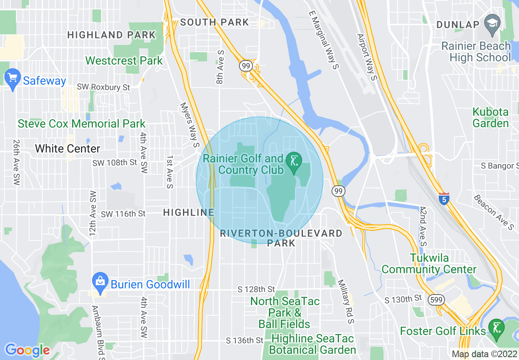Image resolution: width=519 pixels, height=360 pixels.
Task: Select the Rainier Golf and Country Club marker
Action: pos(293,162)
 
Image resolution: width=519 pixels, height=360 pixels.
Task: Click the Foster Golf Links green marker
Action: pos(496,329)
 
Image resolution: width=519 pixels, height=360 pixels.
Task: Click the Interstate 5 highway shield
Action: pos(444,198)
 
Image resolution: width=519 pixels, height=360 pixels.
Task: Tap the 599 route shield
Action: pos(434,300)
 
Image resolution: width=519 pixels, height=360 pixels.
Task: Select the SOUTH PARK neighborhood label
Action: pos(214,22)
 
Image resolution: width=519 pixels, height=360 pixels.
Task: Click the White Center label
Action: pos(68,148)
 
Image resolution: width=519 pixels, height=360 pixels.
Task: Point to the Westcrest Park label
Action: pos(124,61)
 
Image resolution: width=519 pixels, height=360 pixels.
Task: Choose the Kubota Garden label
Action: pos(490,117)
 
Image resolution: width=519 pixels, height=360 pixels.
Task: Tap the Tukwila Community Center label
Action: pos(429,264)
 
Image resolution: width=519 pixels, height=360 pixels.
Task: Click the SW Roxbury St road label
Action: pos(104,87)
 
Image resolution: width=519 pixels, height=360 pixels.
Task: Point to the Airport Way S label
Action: pos(366,57)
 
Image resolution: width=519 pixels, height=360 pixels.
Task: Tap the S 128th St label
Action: pos(256,290)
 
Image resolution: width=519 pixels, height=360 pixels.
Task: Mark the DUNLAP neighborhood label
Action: pos(458,25)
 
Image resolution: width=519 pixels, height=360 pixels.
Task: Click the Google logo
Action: pos(27,350)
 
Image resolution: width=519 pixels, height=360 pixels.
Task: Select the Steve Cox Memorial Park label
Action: pos(81,124)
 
